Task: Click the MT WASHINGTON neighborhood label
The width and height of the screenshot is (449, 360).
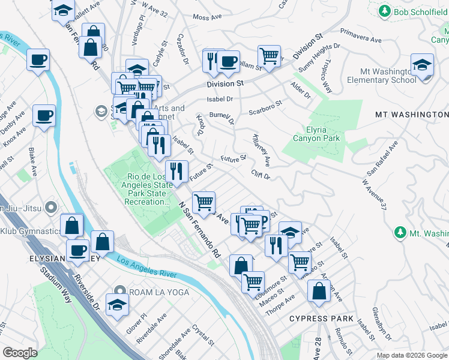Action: [411, 114]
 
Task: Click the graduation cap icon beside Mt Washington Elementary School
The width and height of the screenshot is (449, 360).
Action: [423, 65]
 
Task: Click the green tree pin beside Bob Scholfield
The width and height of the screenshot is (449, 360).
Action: [385, 11]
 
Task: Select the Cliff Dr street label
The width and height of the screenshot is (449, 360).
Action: [261, 175]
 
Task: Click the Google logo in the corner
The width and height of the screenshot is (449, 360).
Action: [20, 353]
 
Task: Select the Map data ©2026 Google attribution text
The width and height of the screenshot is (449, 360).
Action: [412, 355]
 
